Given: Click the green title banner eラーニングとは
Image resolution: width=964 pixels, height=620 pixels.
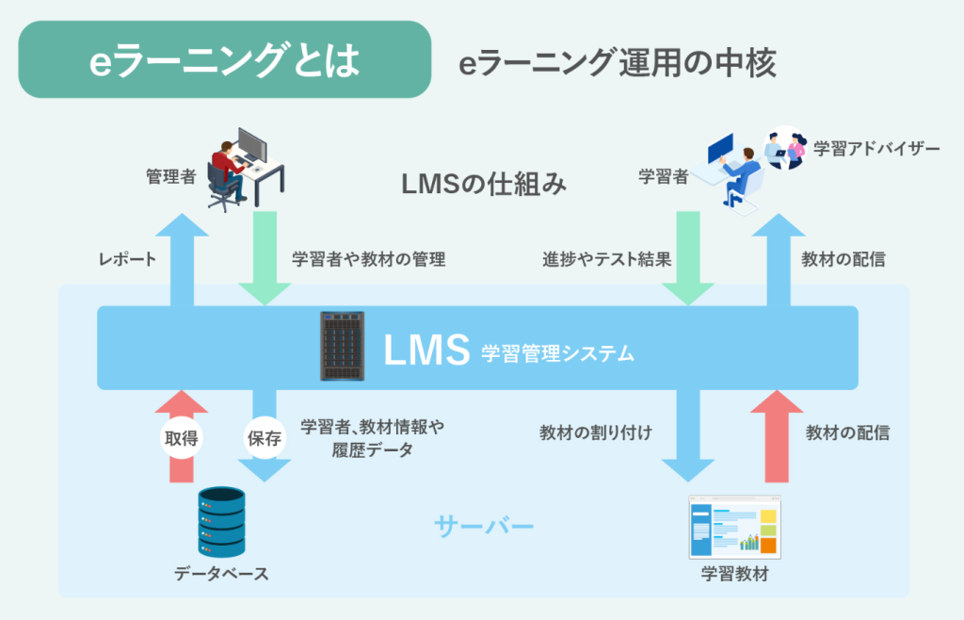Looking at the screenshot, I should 224,60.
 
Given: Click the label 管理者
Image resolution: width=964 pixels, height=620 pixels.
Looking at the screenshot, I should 170,175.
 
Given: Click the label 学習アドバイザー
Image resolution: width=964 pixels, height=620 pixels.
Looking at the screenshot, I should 876,149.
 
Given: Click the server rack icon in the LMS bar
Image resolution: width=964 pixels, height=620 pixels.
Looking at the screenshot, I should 343,346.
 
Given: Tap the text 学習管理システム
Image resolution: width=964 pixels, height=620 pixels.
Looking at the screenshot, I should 557,354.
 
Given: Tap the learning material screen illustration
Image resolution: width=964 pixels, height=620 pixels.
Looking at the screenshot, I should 733,530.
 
